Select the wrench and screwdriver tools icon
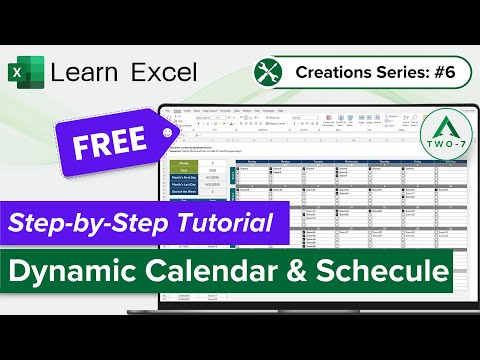tap(267, 72)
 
